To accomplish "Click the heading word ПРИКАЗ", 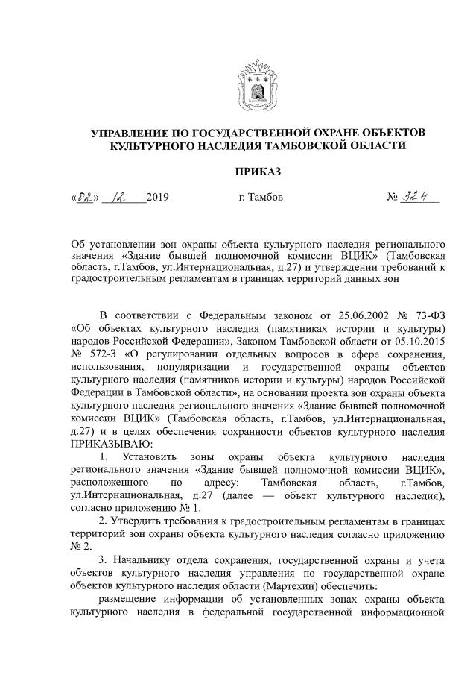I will pos(258,172).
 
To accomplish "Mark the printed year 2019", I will pos(158,198).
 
